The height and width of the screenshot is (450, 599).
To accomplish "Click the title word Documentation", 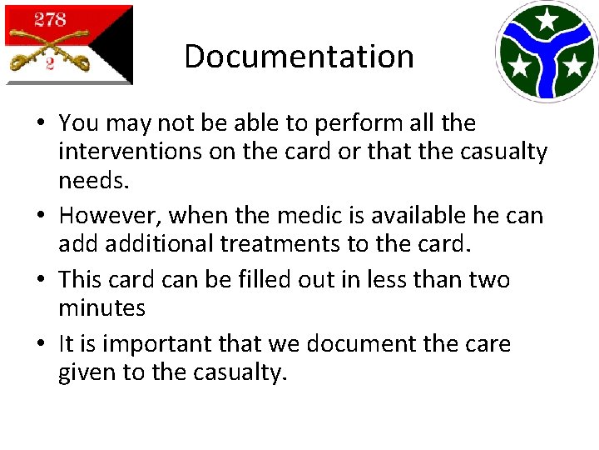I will click(x=299, y=57).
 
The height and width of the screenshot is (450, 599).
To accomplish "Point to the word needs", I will click(x=90, y=181).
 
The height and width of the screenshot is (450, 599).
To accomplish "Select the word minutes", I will click(x=101, y=308).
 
